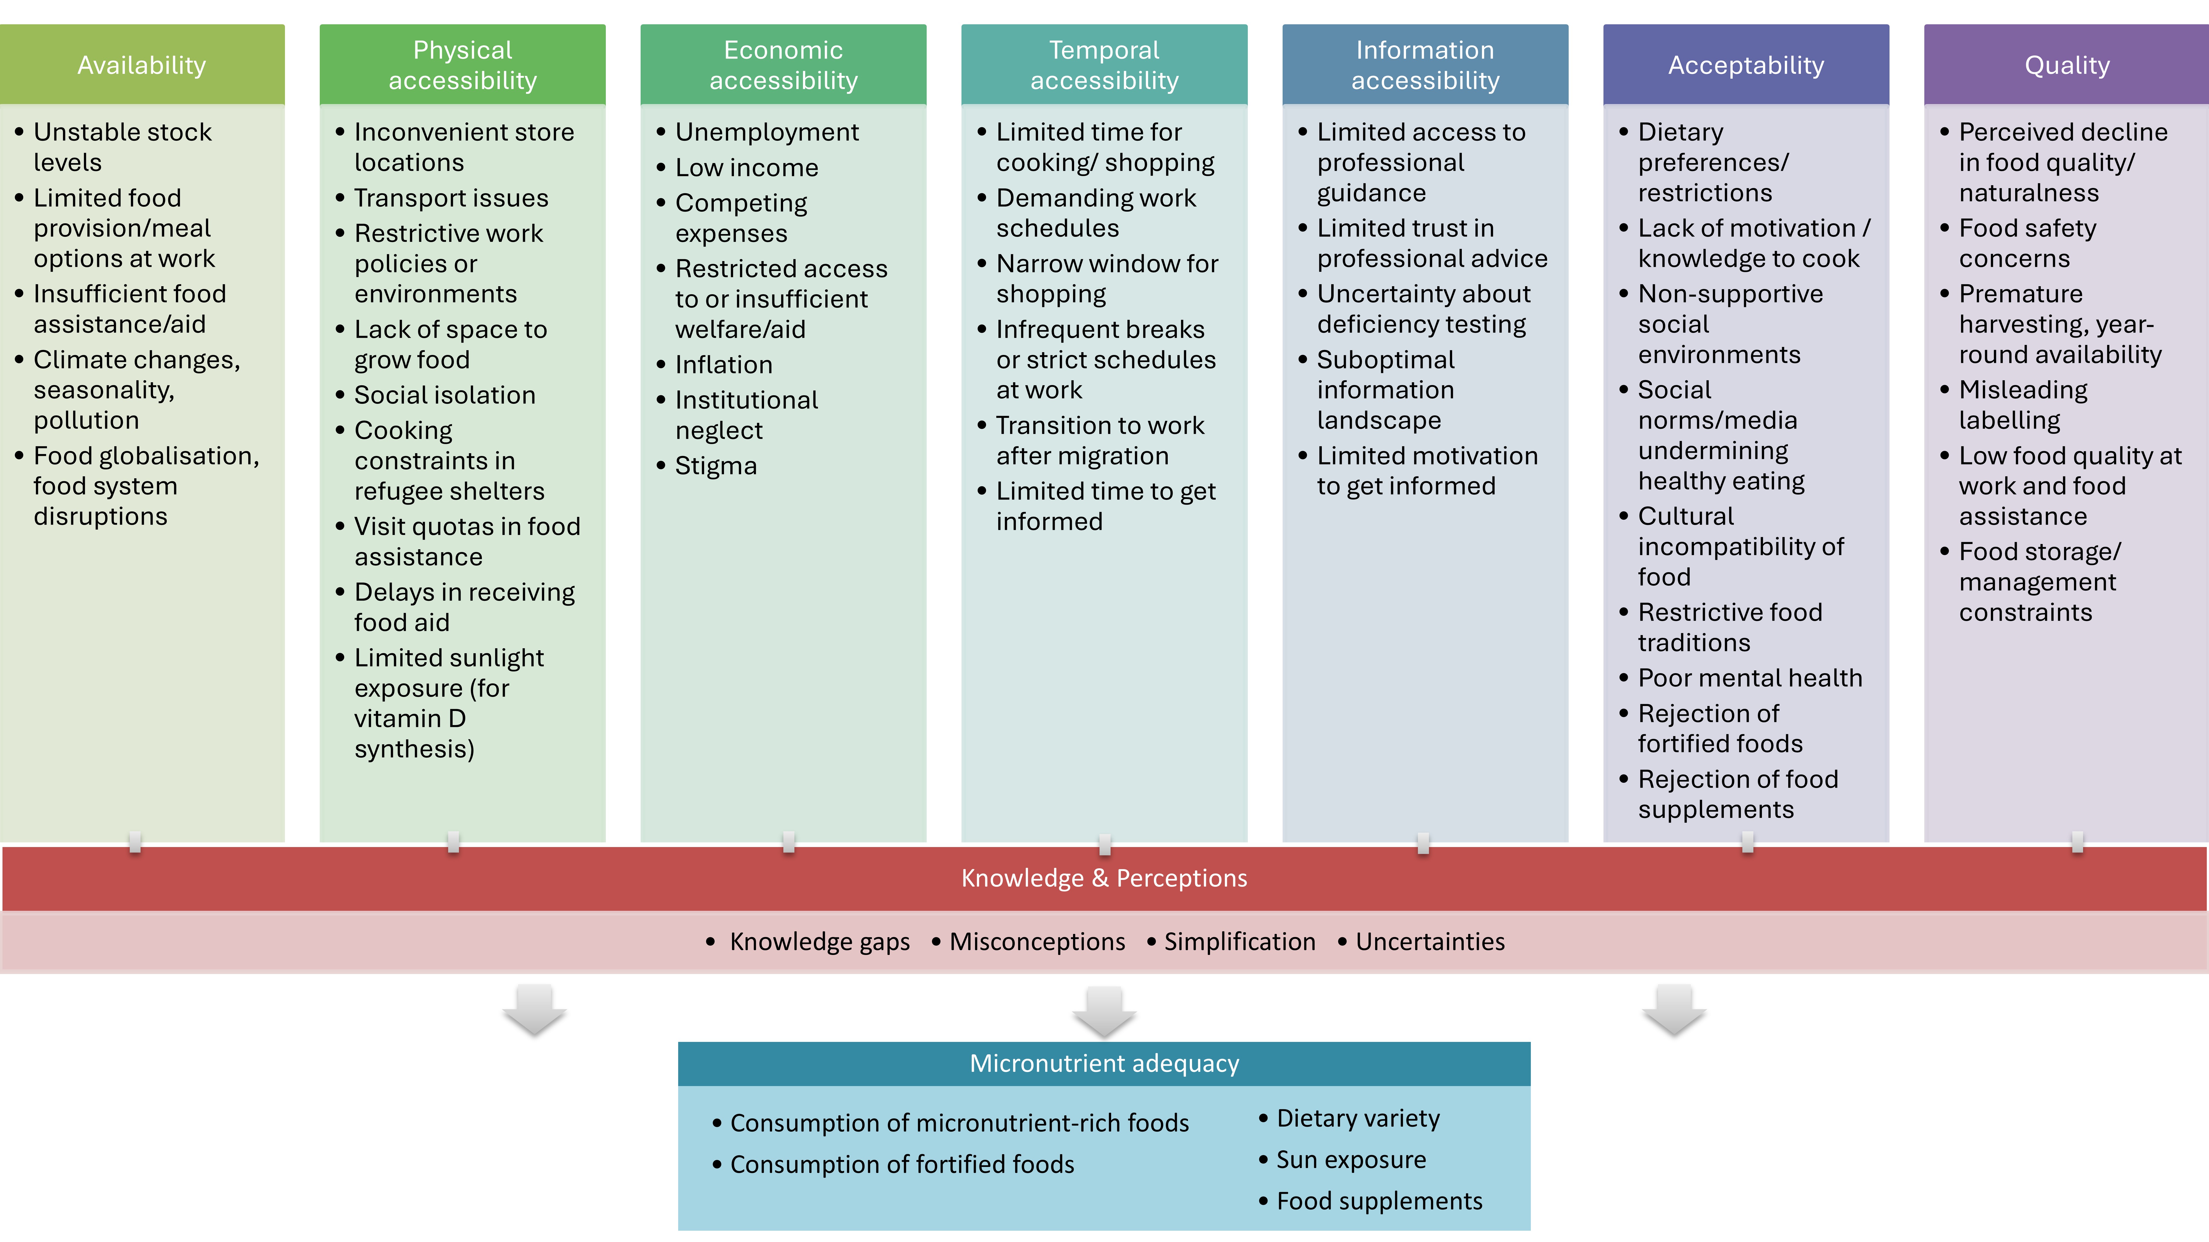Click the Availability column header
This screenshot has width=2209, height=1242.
click(142, 65)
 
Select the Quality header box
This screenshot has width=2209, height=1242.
click(2067, 65)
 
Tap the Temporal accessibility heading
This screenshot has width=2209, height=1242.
click(1104, 65)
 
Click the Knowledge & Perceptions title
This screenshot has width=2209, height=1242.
click(1104, 879)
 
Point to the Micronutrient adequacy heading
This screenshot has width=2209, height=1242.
click(1104, 1064)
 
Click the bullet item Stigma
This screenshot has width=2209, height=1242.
click(716, 466)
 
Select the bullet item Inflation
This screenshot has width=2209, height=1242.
click(724, 365)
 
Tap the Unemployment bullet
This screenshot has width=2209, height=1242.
click(767, 133)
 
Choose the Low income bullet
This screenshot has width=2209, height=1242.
click(747, 168)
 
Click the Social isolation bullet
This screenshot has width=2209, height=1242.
click(445, 395)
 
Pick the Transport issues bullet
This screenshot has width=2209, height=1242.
click(451, 198)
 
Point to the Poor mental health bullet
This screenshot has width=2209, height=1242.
click(1750, 678)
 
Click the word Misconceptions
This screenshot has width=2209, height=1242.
click(1038, 942)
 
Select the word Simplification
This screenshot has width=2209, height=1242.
click(1240, 942)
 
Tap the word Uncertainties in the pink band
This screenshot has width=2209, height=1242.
click(1430, 942)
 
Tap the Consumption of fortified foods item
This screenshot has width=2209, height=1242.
click(902, 1165)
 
